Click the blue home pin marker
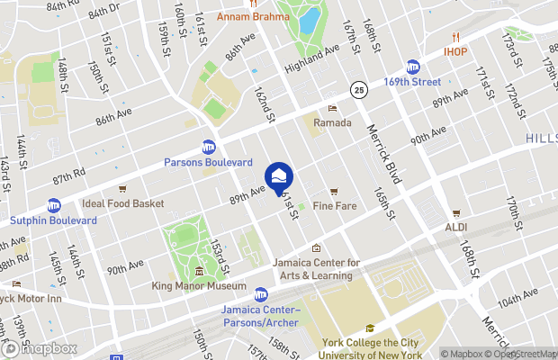point(279,175)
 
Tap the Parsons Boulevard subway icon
point(209,147)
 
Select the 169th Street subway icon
point(413,66)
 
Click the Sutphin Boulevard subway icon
point(54,205)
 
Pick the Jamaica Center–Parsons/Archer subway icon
point(261,294)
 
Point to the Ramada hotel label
point(332,122)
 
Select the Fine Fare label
point(334,206)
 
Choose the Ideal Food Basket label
point(122,203)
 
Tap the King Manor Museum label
point(199,286)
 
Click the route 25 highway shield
point(358,90)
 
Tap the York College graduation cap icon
point(368,328)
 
